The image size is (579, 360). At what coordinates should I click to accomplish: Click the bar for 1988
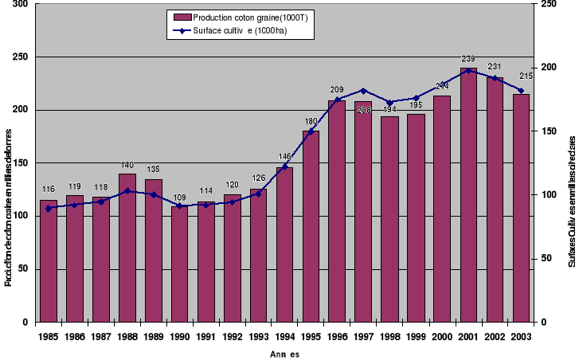(127, 248)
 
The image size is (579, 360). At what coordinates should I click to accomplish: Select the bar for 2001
(468, 195)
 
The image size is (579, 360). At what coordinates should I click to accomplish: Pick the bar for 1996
(337, 211)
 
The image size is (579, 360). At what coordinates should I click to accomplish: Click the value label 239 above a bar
(468, 60)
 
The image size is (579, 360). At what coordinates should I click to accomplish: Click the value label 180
(311, 122)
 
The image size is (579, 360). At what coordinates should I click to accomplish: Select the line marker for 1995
(311, 131)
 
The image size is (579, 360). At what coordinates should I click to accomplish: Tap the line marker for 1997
(363, 91)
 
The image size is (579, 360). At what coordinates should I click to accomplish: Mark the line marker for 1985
(49, 209)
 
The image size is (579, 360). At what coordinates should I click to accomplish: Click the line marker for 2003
(521, 91)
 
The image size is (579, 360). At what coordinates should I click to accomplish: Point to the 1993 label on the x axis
(258, 336)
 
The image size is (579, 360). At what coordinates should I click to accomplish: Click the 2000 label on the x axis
(442, 336)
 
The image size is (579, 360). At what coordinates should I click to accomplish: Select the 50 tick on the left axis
(23, 270)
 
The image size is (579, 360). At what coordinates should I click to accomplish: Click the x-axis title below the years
(284, 354)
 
